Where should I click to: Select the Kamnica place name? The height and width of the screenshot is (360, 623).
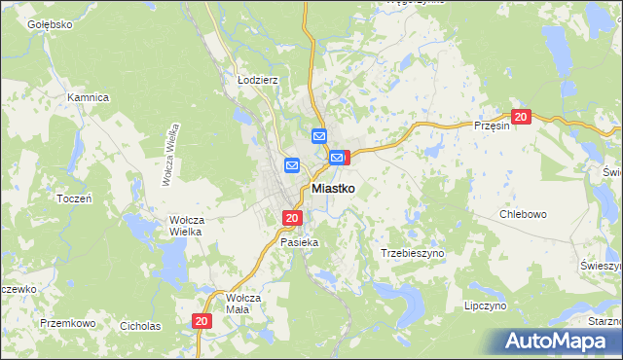[x=87, y=97]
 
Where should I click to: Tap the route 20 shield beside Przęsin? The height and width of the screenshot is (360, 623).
[x=521, y=117]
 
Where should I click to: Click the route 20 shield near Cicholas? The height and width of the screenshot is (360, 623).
[x=202, y=320]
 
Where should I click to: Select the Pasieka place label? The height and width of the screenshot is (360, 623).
[x=299, y=241]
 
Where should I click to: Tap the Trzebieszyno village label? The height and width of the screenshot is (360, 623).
[x=412, y=252]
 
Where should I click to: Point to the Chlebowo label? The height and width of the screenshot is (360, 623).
[x=523, y=213]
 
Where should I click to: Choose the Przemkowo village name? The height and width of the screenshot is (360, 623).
[x=67, y=322]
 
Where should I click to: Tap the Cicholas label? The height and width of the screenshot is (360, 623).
[x=138, y=325]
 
